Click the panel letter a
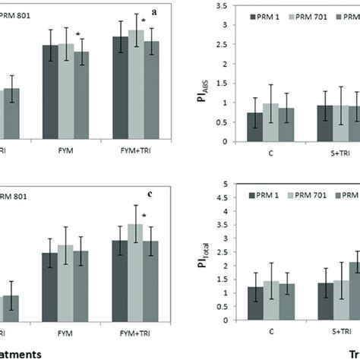point(155,13)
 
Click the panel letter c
point(150,193)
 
